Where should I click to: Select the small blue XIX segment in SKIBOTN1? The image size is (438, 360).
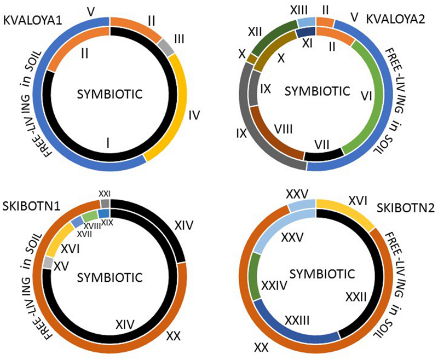[x=103, y=214]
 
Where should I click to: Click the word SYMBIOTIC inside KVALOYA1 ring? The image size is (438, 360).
[x=110, y=94]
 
